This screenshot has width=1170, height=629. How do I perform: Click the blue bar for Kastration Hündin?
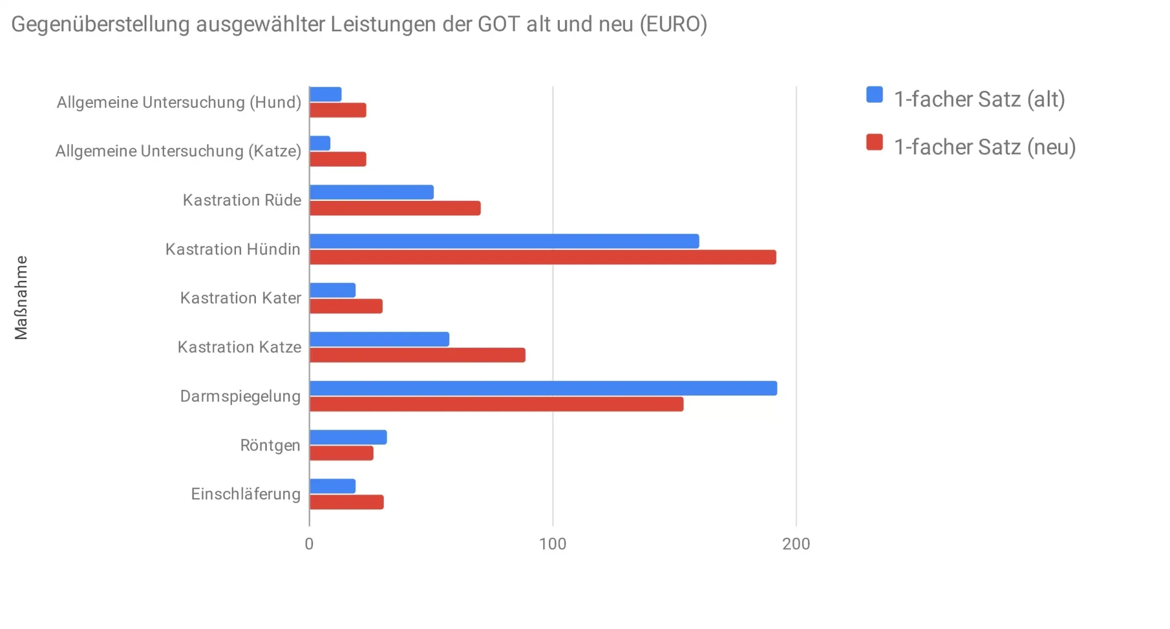click(x=504, y=241)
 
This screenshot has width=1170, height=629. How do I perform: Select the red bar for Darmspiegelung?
click(x=496, y=404)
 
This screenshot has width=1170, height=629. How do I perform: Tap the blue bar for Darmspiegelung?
click(x=543, y=388)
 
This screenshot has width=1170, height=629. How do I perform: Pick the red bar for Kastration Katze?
click(x=417, y=355)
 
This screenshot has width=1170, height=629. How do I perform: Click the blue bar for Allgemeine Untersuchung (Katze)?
click(x=320, y=143)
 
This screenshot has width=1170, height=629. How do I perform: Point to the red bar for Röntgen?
click(x=341, y=453)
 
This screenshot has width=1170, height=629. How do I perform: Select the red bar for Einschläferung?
click(x=346, y=502)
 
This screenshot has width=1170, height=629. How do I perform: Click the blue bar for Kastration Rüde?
click(x=371, y=192)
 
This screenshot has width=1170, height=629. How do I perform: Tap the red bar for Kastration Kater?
click(x=346, y=307)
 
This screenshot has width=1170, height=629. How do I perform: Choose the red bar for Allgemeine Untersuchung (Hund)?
click(x=338, y=110)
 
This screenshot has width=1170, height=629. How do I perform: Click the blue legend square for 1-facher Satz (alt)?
click(x=874, y=95)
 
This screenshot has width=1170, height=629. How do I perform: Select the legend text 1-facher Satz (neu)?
click(x=984, y=147)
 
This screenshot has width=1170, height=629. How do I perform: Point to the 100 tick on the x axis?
click(x=552, y=544)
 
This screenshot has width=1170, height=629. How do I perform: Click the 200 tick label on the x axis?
click(x=796, y=544)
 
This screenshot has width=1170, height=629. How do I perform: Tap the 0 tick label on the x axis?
click(x=309, y=544)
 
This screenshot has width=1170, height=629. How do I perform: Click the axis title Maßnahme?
click(x=21, y=297)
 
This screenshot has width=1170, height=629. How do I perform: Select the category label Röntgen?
click(x=270, y=445)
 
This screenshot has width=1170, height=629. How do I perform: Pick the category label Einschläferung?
click(x=246, y=494)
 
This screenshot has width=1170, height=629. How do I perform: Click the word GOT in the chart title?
click(x=499, y=25)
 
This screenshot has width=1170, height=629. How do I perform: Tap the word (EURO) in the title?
click(x=673, y=25)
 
